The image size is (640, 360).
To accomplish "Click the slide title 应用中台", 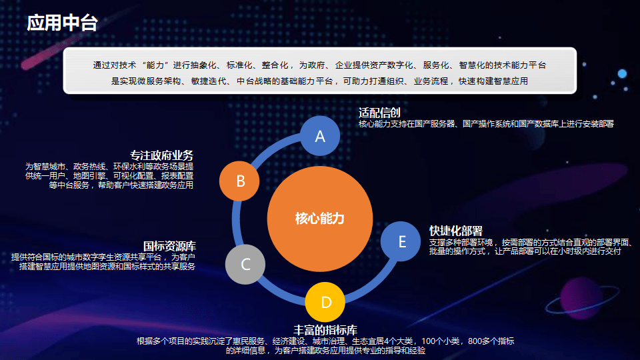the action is pos(62,23).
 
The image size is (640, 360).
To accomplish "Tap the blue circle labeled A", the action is pos(320,136).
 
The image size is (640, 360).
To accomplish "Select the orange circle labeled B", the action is pos(239,181).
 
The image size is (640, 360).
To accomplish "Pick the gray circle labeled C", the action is pos(245,265).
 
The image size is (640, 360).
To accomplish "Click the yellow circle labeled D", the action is pos(325,302).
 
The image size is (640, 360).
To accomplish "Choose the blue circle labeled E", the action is pos(401,241).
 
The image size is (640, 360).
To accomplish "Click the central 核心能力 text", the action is pos(319,219).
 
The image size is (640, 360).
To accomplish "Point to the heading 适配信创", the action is pos(379,113).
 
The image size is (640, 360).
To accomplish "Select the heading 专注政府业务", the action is pos(161,155).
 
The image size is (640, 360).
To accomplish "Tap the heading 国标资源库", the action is pos(169,246).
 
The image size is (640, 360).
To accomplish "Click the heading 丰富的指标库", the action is pos(325,330).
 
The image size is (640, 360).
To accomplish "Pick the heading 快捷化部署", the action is pos(456,231).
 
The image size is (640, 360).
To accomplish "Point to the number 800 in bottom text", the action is pos(475,341).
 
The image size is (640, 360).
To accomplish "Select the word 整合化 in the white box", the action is pos(275,65).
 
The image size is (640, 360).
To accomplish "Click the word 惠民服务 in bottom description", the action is pos(249,341).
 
